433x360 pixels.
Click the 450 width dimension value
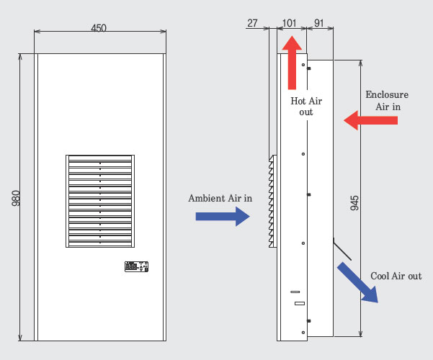click(x=99, y=28)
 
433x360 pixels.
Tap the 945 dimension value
click(x=354, y=203)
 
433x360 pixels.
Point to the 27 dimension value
click(x=252, y=22)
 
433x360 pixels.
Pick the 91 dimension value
click(x=319, y=22)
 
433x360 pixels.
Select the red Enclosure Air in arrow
click(x=370, y=120)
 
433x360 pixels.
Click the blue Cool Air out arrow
click(x=357, y=282)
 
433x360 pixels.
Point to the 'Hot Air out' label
click(x=307, y=107)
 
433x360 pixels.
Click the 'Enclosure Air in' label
click(x=387, y=101)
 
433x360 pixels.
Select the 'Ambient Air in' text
click(x=220, y=198)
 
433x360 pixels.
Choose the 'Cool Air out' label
click(x=396, y=276)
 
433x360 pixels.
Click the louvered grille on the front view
click(x=99, y=201)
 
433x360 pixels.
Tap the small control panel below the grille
click(x=136, y=266)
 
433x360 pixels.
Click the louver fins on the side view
click(x=272, y=201)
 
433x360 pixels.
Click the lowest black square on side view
click(x=308, y=320)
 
